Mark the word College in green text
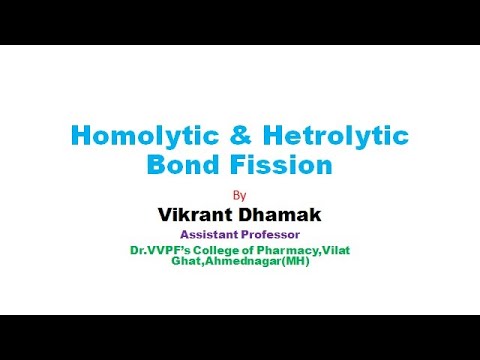coord(221,250)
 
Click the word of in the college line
coord(254,250)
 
